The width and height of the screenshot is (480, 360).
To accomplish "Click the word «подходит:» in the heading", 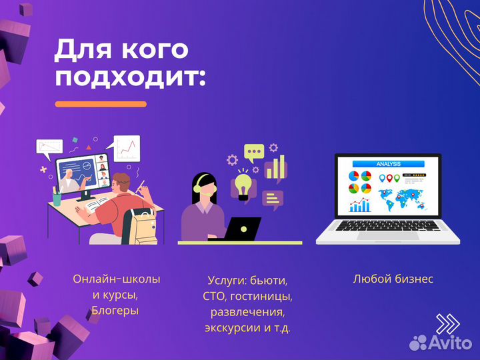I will coord(130,77).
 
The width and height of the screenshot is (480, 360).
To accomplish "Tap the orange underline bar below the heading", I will coord(101,104).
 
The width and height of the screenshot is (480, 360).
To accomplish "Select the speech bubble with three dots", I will coord(253,153).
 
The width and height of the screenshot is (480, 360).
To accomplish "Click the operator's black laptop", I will coord(243,229).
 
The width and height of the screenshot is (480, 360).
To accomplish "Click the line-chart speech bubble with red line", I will coord(127,147).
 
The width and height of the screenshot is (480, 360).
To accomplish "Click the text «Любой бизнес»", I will coord(393,279).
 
